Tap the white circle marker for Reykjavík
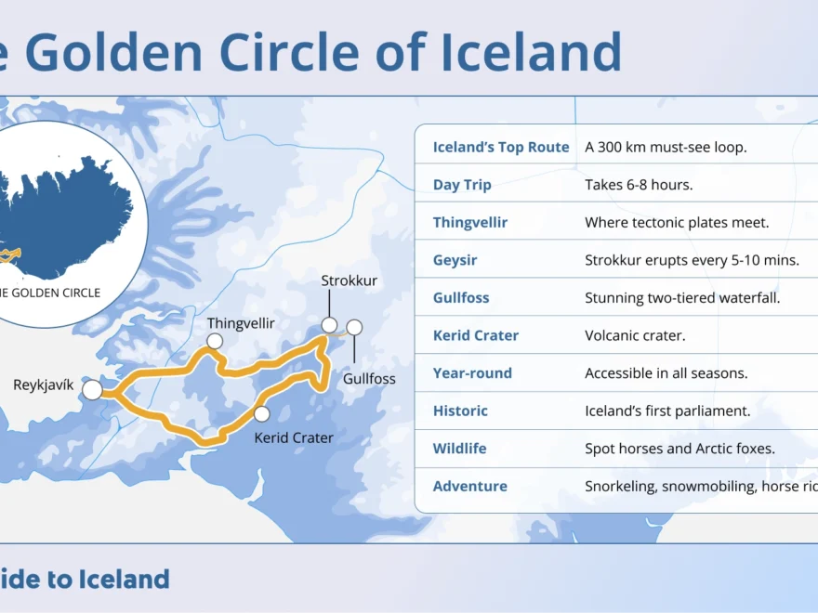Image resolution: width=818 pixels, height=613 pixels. point(93,390)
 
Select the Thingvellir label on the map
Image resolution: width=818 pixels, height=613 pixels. point(242,323)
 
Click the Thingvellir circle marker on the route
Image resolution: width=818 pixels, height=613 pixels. point(215,342)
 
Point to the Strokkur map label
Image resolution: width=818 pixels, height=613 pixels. point(349,280)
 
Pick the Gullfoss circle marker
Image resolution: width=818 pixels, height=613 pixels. point(354,327)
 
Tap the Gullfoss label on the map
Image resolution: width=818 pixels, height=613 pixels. point(369,379)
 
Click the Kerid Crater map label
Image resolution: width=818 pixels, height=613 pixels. point(294,437)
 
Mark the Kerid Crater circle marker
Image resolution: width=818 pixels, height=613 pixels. point(262,414)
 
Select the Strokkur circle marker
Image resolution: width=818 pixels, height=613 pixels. point(329,325)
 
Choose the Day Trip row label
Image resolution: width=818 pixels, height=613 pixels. point(462,185)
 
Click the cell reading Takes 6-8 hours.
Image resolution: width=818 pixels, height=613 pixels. point(639,185)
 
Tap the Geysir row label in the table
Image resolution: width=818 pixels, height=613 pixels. point(455,260)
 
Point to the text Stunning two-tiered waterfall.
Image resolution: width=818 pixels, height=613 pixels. point(682,298)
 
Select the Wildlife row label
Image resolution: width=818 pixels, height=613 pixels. point(459,449)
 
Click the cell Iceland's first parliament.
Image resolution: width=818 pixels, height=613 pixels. point(667,411)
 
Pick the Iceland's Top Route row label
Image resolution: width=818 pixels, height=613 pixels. point(501,147)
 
